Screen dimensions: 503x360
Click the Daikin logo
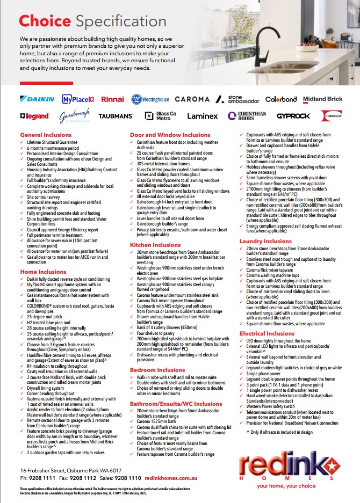(x=37, y=99)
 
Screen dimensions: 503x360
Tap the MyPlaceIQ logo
(x=78, y=99)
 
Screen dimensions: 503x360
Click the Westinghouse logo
(x=150, y=99)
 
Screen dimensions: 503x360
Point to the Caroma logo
(x=192, y=99)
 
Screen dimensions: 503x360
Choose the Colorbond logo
(x=280, y=99)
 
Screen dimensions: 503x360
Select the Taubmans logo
(x=116, y=116)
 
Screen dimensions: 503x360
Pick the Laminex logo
(x=202, y=116)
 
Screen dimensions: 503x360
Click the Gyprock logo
(x=293, y=116)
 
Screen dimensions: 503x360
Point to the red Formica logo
(x=331, y=116)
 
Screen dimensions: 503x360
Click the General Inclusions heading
(x=46, y=135)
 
